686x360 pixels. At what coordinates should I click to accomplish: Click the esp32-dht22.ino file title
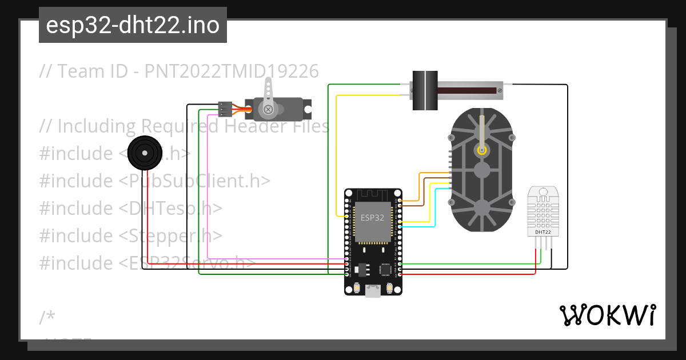[133, 25]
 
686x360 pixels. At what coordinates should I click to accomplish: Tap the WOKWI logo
[607, 315]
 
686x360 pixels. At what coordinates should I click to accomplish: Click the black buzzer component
[142, 153]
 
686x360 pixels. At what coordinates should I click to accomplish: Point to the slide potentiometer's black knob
[425, 90]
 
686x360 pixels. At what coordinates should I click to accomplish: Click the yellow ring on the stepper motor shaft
[482, 150]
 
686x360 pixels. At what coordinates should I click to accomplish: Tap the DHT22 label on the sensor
[543, 232]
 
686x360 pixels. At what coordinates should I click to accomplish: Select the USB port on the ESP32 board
[373, 291]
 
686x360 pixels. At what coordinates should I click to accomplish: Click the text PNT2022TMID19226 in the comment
[232, 71]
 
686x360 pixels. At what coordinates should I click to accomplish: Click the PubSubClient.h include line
[154, 181]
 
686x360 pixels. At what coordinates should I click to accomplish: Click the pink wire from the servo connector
[208, 189]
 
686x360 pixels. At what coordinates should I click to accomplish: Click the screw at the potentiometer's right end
[499, 90]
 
